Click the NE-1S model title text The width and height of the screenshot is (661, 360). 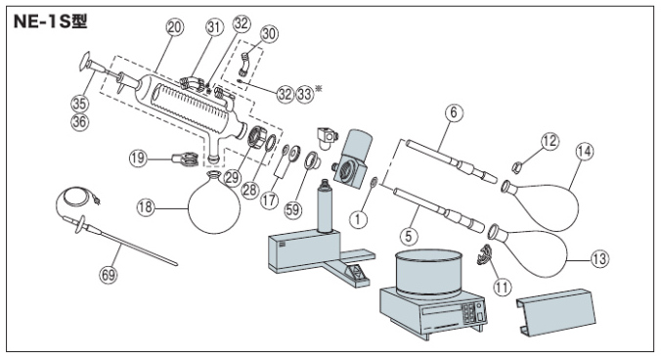(50, 22)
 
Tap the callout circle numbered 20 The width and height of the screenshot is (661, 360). (175, 27)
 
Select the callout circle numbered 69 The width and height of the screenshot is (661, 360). (109, 275)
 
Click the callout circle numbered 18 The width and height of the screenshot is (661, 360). (146, 207)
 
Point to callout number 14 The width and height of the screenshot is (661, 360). (585, 151)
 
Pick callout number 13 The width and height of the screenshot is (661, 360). (599, 258)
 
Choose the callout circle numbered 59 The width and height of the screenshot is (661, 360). (292, 209)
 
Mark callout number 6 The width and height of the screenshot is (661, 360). (454, 112)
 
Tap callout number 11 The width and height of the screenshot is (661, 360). (502, 287)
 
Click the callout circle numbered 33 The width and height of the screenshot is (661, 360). (305, 94)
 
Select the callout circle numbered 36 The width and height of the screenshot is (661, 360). (79, 122)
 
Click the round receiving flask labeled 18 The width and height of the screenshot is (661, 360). (214, 203)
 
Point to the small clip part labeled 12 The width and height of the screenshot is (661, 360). (517, 167)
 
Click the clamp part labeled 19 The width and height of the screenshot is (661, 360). (185, 158)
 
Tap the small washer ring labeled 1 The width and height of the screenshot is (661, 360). (374, 183)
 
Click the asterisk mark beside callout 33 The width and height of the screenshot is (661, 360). (318, 88)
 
